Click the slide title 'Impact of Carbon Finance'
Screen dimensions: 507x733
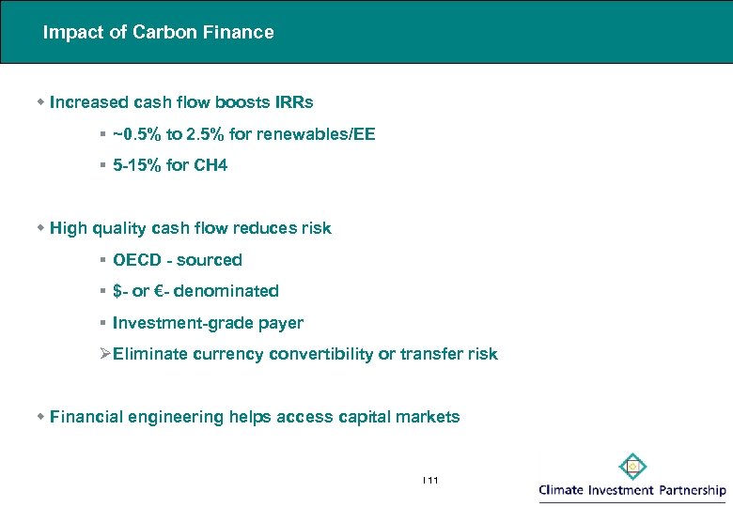(x=158, y=33)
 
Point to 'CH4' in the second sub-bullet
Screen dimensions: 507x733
(x=211, y=166)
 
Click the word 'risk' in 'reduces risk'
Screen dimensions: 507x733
(x=314, y=228)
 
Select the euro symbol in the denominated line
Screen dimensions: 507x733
(x=159, y=291)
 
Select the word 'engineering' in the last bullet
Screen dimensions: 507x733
(x=179, y=417)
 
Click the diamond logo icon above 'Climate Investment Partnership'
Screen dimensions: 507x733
(x=632, y=467)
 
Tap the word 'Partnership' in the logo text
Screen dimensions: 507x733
(x=692, y=490)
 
